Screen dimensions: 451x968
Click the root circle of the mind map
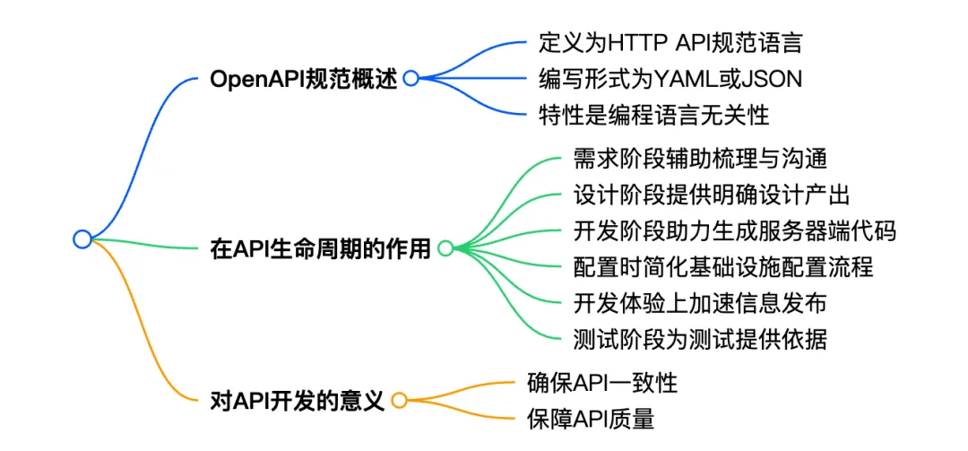pos(82,239)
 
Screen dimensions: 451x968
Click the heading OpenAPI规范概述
pos(303,79)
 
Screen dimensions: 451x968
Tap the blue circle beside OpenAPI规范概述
pos(411,79)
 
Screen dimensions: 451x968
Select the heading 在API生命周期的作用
pos(320,248)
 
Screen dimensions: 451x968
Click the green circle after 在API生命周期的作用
pos(445,248)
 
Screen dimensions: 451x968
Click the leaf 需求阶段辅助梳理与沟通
pos(698,159)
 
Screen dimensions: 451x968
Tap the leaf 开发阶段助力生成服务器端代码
pos(735,230)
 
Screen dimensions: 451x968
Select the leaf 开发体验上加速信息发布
pos(698,302)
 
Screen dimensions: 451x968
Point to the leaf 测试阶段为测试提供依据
pos(698,338)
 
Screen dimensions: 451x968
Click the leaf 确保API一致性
pos(601,383)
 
